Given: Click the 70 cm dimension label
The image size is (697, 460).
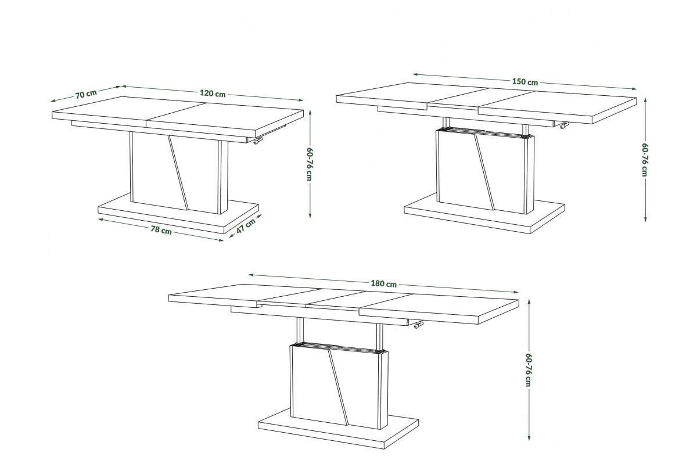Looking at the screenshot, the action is point(86,94).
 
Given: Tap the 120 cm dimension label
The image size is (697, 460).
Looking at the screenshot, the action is point(213,94).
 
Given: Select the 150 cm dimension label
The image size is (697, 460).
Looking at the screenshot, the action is point(524,82).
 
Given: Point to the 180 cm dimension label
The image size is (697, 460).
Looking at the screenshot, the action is point(383,284).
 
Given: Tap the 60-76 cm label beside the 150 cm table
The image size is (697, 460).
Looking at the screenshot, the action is point(644,160).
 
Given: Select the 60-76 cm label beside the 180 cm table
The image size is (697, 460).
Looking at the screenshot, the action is point(528,370).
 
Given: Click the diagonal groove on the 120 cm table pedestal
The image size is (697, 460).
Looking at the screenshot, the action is point(178,172).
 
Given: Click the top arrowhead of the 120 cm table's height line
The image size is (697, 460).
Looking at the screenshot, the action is point(310,112).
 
